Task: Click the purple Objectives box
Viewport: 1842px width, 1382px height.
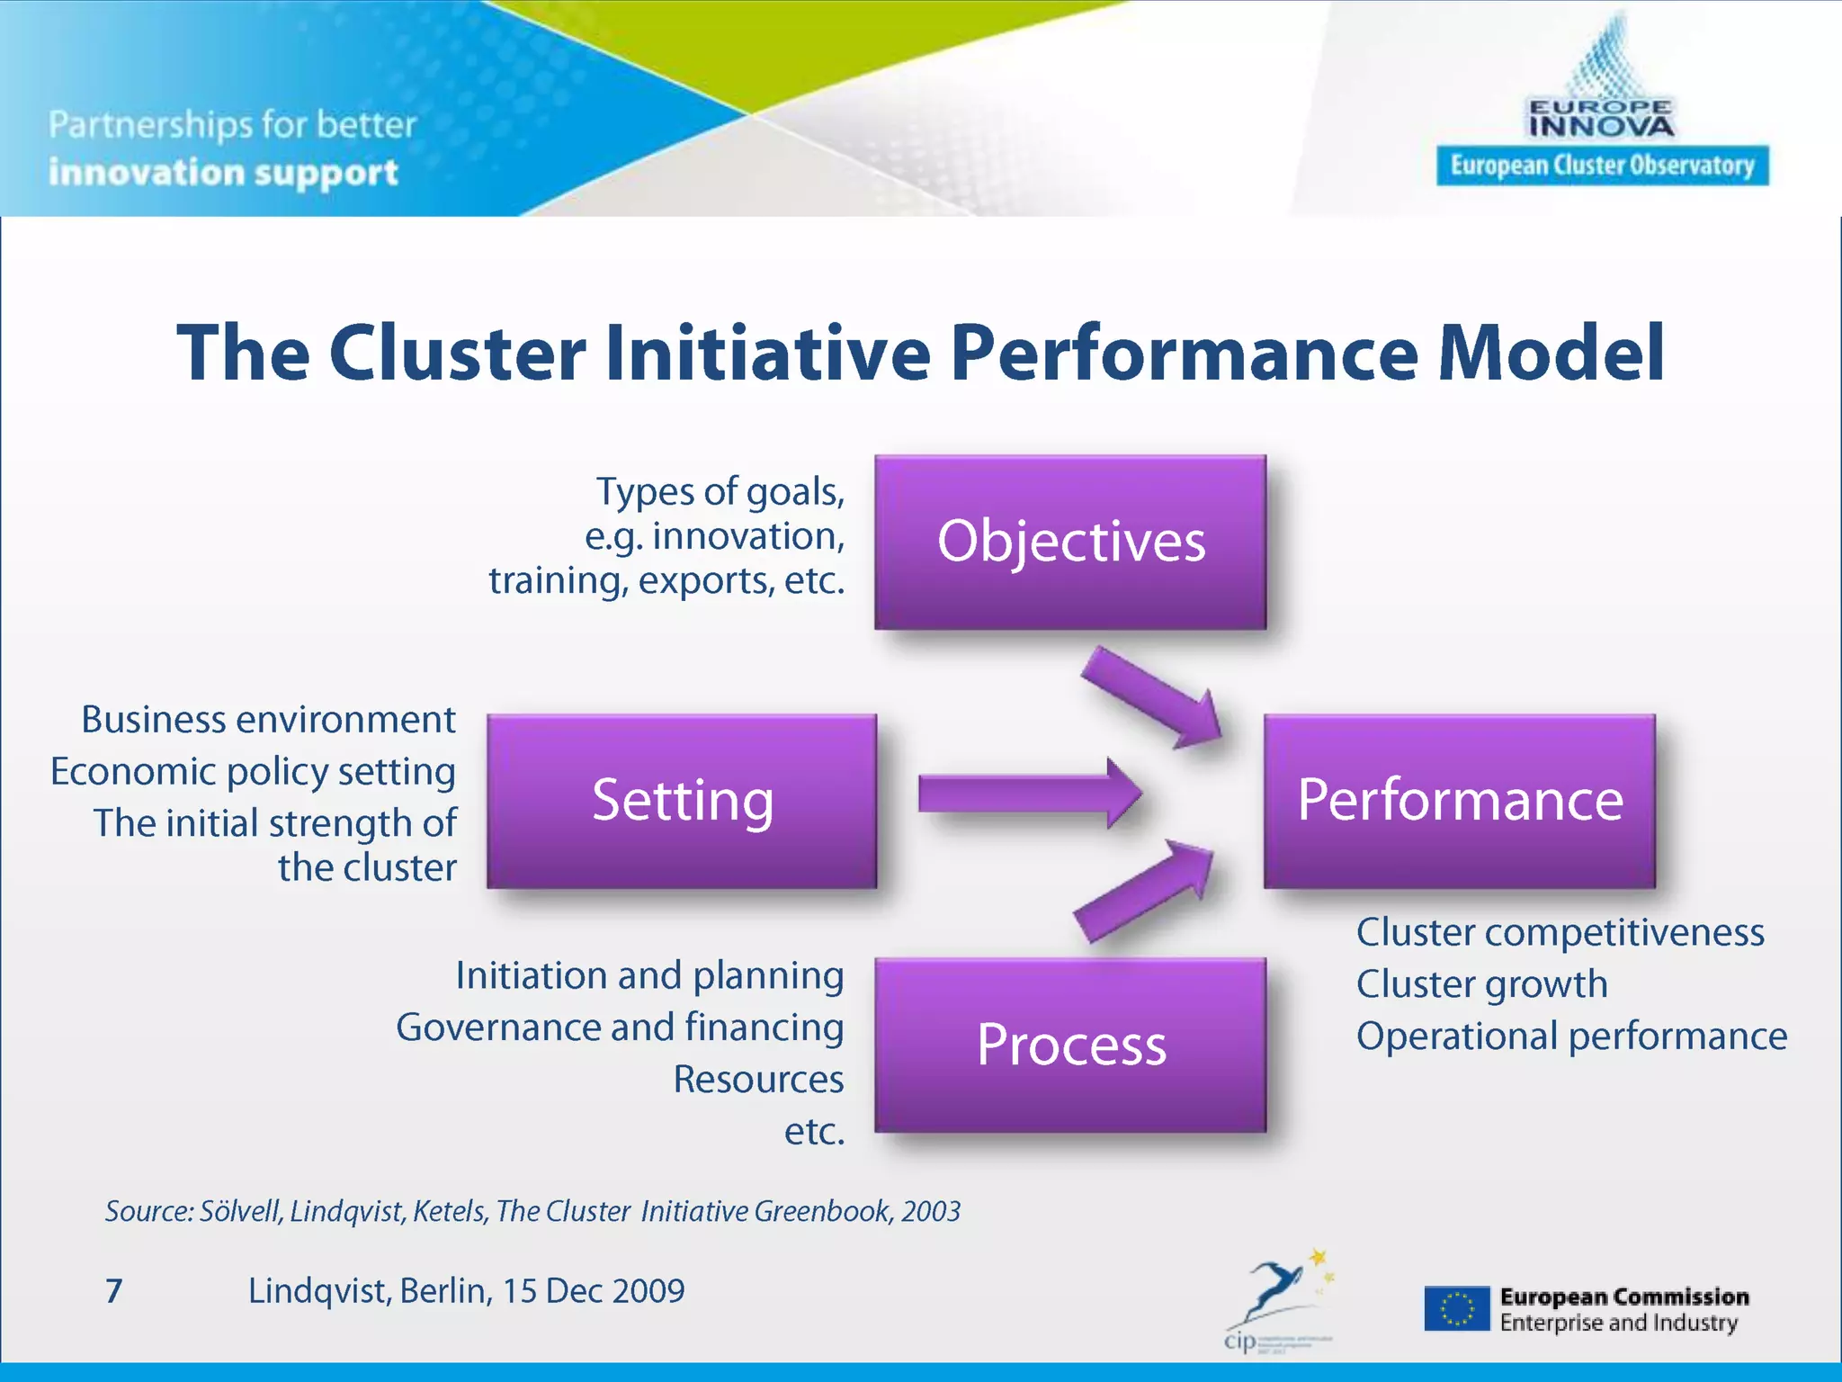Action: pyautogui.click(x=1070, y=542)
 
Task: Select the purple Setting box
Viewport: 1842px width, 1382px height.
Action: pyautogui.click(x=682, y=801)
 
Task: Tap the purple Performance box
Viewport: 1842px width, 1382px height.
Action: pyautogui.click(x=1459, y=801)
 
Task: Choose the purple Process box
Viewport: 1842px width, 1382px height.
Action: pyautogui.click(x=1070, y=1045)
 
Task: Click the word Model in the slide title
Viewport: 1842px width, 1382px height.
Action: pyautogui.click(x=1551, y=353)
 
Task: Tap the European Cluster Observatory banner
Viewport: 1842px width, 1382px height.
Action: pyautogui.click(x=1602, y=166)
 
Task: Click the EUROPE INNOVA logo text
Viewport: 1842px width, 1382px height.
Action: pyautogui.click(x=1601, y=119)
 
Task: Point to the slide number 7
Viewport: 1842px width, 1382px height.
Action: pyautogui.click(x=113, y=1291)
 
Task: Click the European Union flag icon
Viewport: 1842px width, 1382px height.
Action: pyautogui.click(x=1456, y=1309)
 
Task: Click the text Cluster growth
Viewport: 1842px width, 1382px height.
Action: pyautogui.click(x=1481, y=984)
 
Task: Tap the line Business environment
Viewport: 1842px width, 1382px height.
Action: pyautogui.click(x=268, y=720)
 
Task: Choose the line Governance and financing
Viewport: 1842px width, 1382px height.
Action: pyautogui.click(x=620, y=1028)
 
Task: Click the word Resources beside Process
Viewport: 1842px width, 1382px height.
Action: pyautogui.click(x=758, y=1080)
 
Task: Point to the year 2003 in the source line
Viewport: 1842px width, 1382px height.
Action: pyautogui.click(x=931, y=1212)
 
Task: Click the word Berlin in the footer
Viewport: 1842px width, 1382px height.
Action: pyautogui.click(x=445, y=1291)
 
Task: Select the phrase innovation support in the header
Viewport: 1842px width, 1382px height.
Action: pyautogui.click(x=223, y=173)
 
